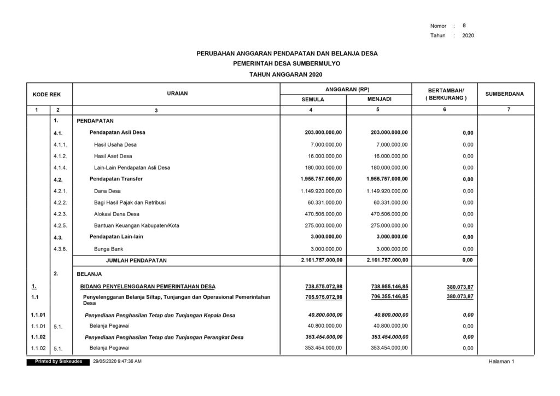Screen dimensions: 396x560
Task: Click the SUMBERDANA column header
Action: [504, 94]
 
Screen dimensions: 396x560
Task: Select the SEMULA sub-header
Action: [313, 100]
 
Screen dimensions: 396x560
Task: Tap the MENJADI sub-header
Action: [379, 100]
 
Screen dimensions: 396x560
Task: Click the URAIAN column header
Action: [177, 94]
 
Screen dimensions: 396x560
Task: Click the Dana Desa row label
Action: [107, 191]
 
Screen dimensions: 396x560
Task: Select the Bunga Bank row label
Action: [108, 249]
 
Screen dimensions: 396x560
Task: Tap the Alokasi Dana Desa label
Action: [116, 214]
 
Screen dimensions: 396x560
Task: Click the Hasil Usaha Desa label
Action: [115, 144]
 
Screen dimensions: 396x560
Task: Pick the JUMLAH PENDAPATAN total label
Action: [136, 260]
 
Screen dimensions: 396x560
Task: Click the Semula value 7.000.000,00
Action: [326, 144]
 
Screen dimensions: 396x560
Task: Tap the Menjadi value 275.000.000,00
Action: [389, 225]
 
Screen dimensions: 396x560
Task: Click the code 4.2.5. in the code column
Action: [60, 225]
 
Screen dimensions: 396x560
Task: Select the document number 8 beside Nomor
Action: [464, 25]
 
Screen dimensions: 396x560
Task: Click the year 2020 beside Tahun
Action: [468, 36]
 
